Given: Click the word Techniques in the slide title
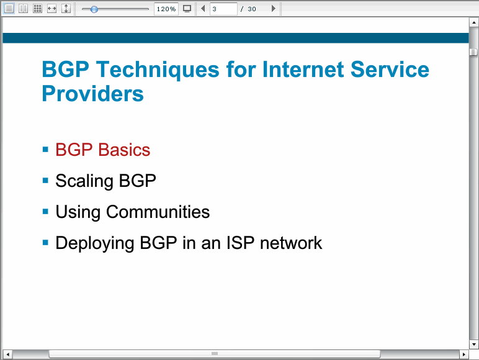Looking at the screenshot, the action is click(x=158, y=70).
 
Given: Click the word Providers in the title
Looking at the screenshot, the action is click(x=92, y=94).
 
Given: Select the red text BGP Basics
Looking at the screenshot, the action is click(x=102, y=150).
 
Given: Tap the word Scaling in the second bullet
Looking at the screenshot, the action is click(x=84, y=181).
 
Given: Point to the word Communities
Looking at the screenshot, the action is click(x=158, y=212).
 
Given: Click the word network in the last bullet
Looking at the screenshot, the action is click(x=291, y=243).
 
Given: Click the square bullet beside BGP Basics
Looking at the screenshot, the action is click(x=45, y=150).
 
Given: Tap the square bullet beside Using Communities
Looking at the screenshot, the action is click(x=45, y=212).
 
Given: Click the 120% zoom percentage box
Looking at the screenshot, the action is click(x=166, y=9).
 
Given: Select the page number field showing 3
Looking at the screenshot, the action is click(x=223, y=9).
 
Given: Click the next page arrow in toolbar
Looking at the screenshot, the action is click(x=274, y=9).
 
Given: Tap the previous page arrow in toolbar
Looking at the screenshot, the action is click(x=203, y=9).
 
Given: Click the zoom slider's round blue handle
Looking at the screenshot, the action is click(x=94, y=9).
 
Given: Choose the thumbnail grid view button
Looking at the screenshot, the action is click(x=37, y=9).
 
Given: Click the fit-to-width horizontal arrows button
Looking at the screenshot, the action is click(x=51, y=9).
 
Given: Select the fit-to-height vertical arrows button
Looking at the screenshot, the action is click(x=66, y=9).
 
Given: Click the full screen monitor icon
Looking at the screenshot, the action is click(x=187, y=9).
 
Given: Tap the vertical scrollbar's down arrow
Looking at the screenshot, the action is click(x=474, y=344).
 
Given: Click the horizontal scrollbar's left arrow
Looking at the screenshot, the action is click(x=7, y=354).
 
